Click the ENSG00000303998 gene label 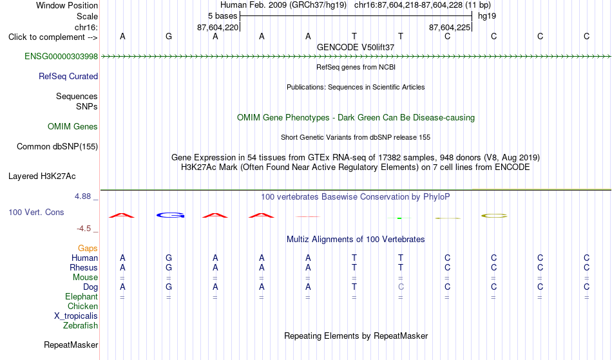pyautogui.click(x=61, y=56)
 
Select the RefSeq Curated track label pyautogui.click(x=68, y=76)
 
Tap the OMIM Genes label pyautogui.click(x=73, y=126)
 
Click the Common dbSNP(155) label pyautogui.click(x=57, y=146)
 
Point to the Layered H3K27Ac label pyautogui.click(x=42, y=176)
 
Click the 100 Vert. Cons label pyautogui.click(x=36, y=212)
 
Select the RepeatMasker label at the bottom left pyautogui.click(x=71, y=345)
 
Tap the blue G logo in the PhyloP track pyautogui.click(x=170, y=215)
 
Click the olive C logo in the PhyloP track pyautogui.click(x=494, y=216)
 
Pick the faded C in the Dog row pyautogui.click(x=401, y=287)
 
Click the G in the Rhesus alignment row pyautogui.click(x=169, y=267)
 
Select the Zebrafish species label pyautogui.click(x=81, y=325)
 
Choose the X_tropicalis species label pyautogui.click(x=76, y=316)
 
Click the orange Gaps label pyautogui.click(x=88, y=248)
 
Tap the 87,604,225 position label pyautogui.click(x=450, y=27)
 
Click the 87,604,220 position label pyautogui.click(x=218, y=27)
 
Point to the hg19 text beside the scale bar pyautogui.click(x=487, y=16)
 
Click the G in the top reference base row pyautogui.click(x=169, y=36)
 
